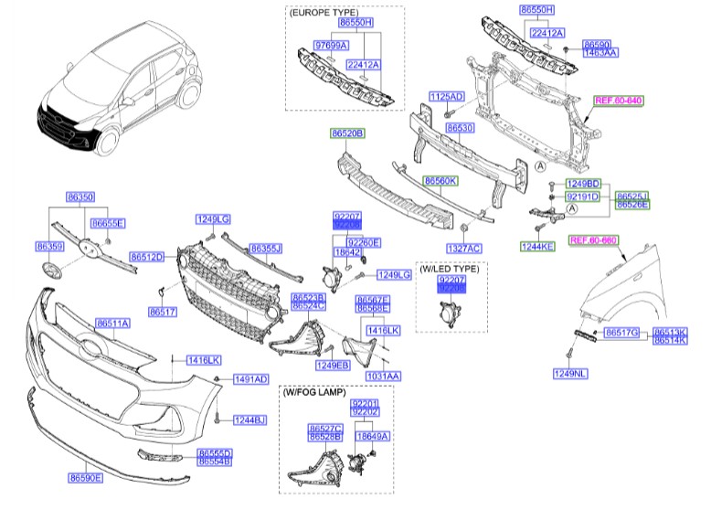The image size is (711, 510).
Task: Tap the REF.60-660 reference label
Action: click(x=593, y=239)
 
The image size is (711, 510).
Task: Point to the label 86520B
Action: click(x=347, y=133)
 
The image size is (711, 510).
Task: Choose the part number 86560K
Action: click(x=440, y=181)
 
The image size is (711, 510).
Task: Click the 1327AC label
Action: click(x=463, y=248)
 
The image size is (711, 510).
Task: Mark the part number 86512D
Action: click(x=146, y=257)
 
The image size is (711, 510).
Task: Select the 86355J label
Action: click(x=266, y=248)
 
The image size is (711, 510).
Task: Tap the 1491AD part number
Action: click(x=249, y=378)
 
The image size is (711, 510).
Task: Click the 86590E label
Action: click(x=85, y=477)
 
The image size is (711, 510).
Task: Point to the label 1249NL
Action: click(x=570, y=373)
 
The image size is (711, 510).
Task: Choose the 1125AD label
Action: click(x=447, y=96)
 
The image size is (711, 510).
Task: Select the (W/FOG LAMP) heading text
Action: click(x=315, y=393)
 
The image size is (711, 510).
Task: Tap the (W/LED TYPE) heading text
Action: click(x=451, y=268)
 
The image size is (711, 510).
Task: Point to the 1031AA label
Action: click(x=384, y=375)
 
